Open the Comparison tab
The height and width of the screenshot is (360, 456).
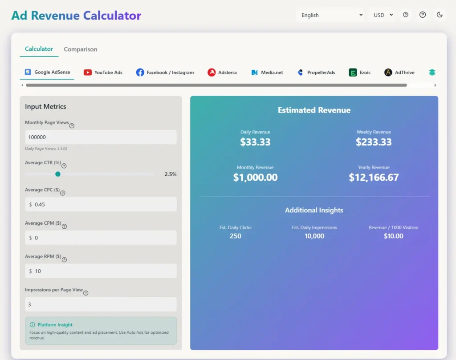pos(80,49)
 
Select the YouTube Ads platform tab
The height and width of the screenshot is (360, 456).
pos(103,73)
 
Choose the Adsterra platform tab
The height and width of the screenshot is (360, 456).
pos(222,73)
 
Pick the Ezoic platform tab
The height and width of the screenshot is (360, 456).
pos(360,73)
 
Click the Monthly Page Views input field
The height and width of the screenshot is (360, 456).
pos(101,137)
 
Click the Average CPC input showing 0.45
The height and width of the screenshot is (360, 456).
pos(101,205)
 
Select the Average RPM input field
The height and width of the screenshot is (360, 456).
pos(101,271)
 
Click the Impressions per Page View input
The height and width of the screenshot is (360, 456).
pos(101,304)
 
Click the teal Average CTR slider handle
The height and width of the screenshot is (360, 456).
pos(58,174)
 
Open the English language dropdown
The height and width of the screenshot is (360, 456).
pos(330,15)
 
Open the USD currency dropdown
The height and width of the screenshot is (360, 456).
pos(383,15)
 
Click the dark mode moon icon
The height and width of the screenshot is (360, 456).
pos(440,15)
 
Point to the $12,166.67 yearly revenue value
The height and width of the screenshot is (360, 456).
pos(374,178)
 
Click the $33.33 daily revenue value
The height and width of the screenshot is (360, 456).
pos(255,142)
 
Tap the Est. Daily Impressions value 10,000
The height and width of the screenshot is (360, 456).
pos(314,236)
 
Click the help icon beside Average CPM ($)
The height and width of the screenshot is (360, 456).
pos(64,226)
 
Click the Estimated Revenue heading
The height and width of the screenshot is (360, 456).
pos(314,110)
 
